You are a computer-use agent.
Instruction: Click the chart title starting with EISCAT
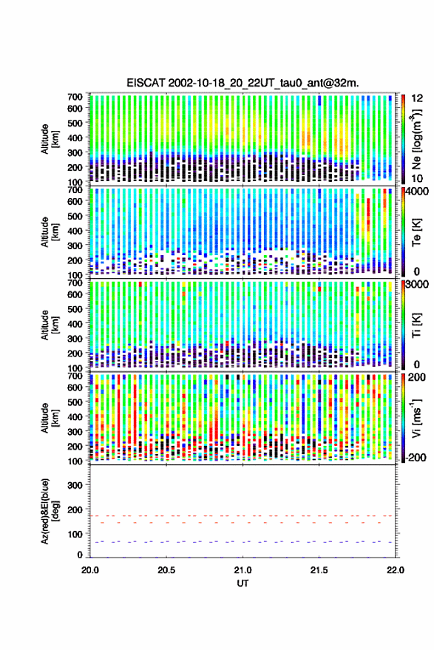point(243,83)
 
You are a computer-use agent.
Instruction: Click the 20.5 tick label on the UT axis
point(166,570)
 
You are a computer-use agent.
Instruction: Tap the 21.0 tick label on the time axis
point(243,570)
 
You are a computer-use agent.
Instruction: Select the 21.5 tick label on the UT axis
point(319,570)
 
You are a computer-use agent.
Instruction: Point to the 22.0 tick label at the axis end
point(395,570)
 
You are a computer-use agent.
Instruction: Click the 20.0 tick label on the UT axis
point(90,570)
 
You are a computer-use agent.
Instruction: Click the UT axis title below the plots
point(243,583)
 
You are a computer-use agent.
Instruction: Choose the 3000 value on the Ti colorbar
point(418,285)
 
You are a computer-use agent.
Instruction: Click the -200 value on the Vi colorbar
point(416,458)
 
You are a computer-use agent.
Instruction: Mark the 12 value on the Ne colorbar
point(418,98)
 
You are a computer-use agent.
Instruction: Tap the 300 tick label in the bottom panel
point(75,485)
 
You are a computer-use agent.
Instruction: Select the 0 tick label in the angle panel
point(80,555)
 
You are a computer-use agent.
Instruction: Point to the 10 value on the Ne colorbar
point(417,179)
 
